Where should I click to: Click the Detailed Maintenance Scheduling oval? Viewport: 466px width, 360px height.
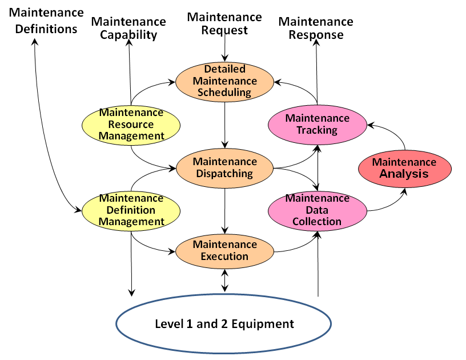pos(224,81)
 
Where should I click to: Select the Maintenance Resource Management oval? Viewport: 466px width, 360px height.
pos(131,124)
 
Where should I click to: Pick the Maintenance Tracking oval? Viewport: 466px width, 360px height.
pos(317,124)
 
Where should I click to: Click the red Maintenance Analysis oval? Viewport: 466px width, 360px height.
pos(404,168)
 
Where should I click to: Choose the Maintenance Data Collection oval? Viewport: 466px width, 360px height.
pos(317,210)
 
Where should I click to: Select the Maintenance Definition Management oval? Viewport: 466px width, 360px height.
pos(131,210)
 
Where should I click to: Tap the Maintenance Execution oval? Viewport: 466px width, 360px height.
pos(224,250)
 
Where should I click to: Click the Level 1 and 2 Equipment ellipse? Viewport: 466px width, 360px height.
pos(224,324)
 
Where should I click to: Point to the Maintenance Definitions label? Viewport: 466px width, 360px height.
pos(43,21)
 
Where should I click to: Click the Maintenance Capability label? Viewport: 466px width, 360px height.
pos(128,28)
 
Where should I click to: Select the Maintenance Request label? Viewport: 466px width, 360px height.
pos(225,23)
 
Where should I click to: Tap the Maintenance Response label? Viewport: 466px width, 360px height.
pos(316,28)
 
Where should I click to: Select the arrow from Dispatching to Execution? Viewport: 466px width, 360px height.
pos(225,209)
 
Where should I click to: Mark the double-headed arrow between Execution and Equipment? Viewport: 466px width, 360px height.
pos(225,280)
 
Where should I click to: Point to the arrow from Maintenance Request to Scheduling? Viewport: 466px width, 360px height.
pos(226,49)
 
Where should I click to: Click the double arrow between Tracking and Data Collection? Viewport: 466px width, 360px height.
pos(318,167)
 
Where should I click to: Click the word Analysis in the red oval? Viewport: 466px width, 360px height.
pos(404,174)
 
